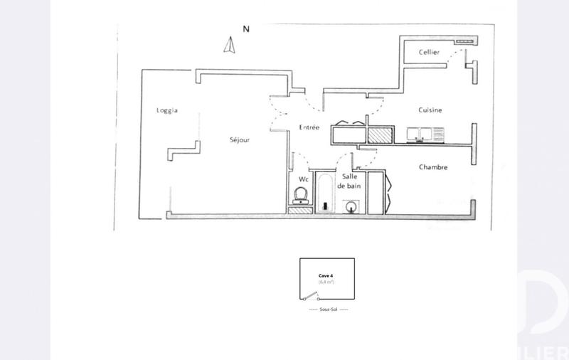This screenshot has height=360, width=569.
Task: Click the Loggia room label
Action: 166,111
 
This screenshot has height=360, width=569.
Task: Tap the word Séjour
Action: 240,140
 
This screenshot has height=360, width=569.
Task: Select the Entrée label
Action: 309,127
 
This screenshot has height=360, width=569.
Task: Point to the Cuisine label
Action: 430,110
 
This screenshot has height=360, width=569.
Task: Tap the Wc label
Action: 303,179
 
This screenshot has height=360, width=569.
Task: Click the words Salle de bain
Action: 350,181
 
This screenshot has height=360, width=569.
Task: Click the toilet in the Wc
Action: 301,195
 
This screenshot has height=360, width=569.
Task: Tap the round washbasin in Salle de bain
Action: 351,207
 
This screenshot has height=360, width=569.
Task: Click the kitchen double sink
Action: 425,134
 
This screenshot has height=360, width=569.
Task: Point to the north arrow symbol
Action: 230,46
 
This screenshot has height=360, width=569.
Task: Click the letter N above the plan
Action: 246,30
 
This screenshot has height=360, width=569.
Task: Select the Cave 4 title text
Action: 326,274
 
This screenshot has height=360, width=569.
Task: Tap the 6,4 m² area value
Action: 326,282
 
